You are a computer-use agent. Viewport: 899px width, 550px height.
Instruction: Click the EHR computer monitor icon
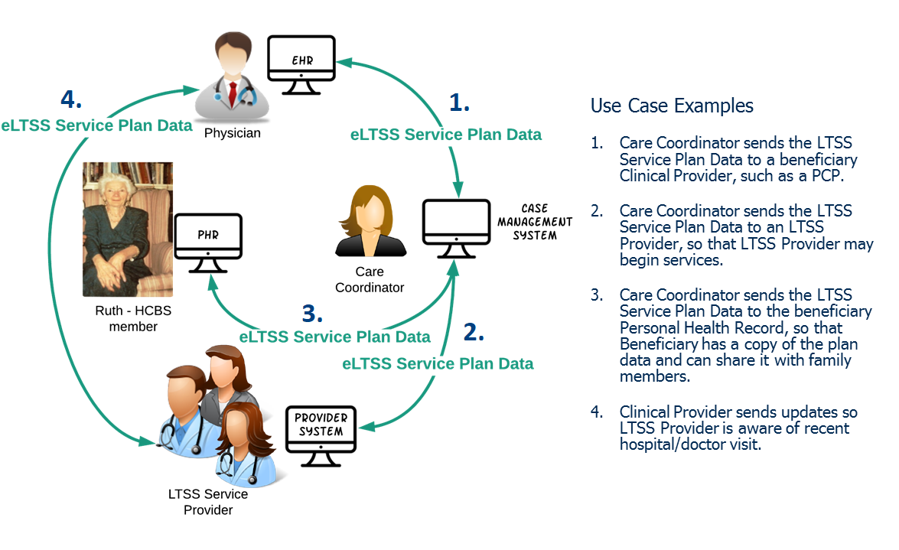click(301, 60)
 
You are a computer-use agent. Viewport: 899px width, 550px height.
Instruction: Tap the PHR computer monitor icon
click(208, 237)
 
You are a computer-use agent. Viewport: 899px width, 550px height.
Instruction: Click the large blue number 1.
click(458, 103)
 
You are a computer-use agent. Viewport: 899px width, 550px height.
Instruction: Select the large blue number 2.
click(474, 333)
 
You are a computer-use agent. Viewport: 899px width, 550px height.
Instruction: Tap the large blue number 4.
click(71, 99)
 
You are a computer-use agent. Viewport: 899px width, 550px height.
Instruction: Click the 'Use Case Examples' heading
click(672, 106)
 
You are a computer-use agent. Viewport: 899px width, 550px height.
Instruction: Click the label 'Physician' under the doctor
click(233, 133)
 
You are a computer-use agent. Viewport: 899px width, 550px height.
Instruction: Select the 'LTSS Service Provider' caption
click(208, 502)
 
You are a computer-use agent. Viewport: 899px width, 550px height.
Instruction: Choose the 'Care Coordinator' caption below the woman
click(370, 279)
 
